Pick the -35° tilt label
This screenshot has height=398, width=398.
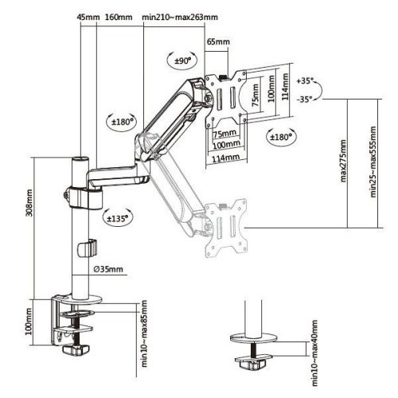[x=304, y=100]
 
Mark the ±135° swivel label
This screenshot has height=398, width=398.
[x=115, y=216]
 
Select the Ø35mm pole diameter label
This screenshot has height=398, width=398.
[x=105, y=269]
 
